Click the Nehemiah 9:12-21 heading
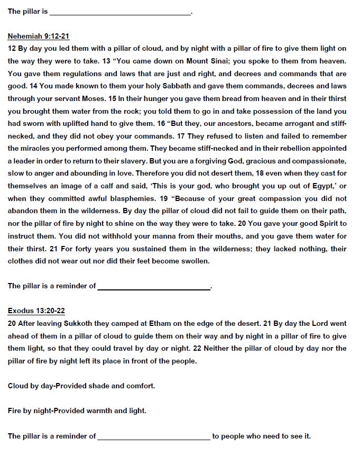[39, 37]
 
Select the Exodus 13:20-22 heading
[36, 311]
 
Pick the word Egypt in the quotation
[318, 186]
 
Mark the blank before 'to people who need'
[153, 437]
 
